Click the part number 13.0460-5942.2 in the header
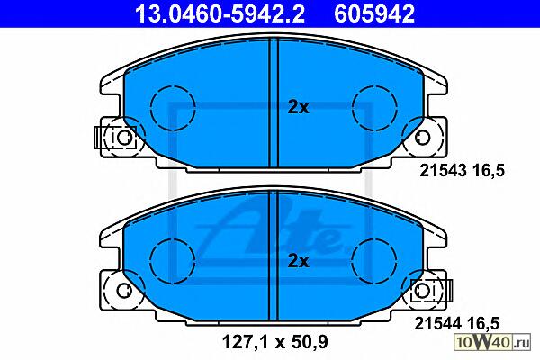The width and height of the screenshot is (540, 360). point(220,14)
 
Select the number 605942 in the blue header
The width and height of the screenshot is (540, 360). point(374,14)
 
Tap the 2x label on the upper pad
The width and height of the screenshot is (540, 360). point(298,108)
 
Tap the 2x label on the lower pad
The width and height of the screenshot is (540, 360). point(298,262)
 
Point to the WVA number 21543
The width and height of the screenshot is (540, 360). point(443,170)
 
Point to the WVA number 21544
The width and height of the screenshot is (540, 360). point(437,323)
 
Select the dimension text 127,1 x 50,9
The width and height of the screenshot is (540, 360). point(274,342)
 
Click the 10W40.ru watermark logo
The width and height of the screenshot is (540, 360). point(492,342)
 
